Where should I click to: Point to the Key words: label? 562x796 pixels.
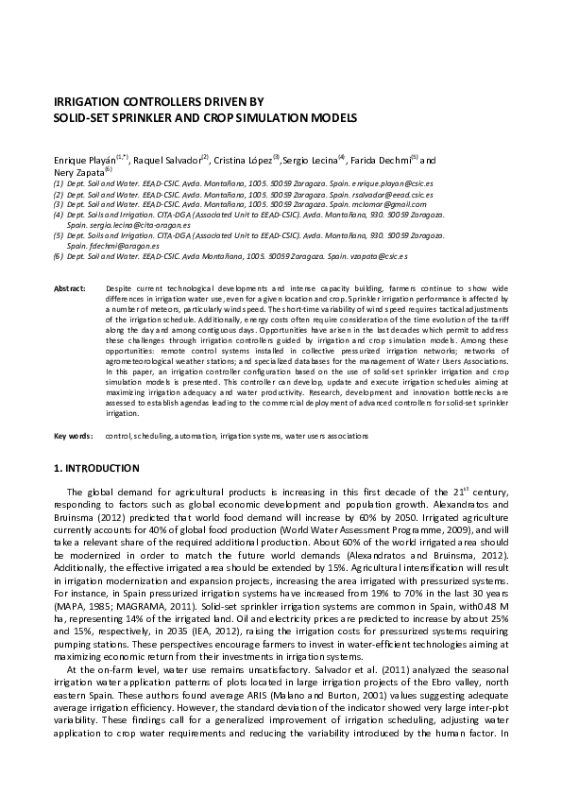click(x=74, y=436)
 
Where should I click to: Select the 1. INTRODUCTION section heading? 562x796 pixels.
click(x=96, y=468)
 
